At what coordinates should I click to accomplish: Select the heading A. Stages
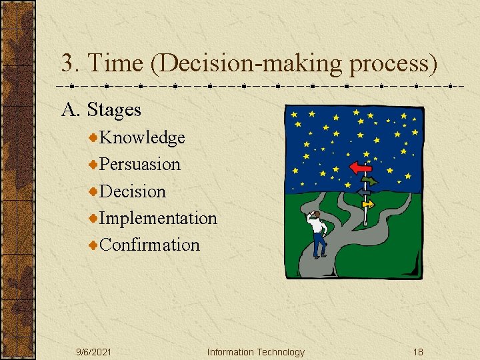101,109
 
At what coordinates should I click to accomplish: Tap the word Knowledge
142,137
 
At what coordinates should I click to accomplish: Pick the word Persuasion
140,164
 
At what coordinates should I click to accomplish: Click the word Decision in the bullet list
133,191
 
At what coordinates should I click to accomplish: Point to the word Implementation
158,218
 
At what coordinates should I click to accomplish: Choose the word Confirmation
149,245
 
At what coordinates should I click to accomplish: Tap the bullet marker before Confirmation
93,245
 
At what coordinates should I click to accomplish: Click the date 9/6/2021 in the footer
93,352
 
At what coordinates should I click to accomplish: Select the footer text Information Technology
255,352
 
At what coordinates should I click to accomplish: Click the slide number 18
417,352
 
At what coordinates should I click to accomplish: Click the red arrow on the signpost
360,167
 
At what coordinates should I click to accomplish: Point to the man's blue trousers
320,245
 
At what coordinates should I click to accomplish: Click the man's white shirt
319,227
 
